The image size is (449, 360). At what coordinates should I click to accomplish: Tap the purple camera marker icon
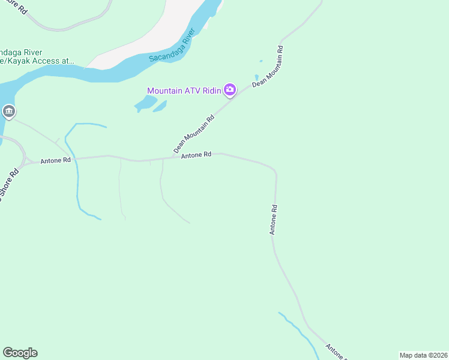(229, 91)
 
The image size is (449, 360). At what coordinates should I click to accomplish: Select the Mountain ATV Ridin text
(184, 91)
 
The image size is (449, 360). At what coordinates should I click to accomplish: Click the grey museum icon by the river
(8, 112)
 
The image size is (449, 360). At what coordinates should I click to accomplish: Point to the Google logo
(20, 353)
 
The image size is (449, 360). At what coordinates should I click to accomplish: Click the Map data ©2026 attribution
(423, 355)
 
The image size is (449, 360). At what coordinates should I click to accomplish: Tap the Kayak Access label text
(36, 61)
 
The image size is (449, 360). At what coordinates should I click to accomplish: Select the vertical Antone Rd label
(273, 220)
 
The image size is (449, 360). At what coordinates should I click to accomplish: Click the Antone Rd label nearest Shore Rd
(55, 161)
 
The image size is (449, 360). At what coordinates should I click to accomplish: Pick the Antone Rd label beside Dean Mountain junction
(196, 155)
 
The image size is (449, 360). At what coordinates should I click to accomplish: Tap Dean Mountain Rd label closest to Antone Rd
(194, 134)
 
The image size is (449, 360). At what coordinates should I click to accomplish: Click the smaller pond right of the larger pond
(160, 106)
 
